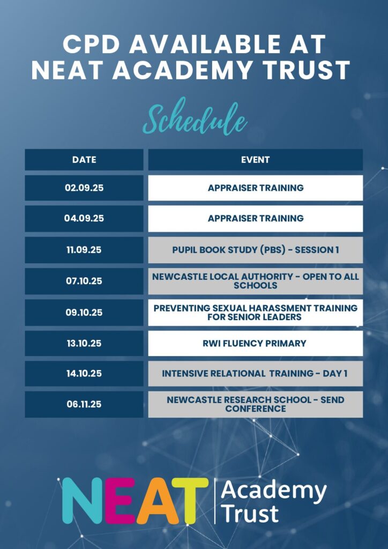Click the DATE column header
(x=84, y=160)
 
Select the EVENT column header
(x=256, y=160)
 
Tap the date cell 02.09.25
(x=84, y=188)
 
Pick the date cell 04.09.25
(x=84, y=219)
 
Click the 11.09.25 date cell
(x=84, y=250)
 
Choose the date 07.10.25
(x=84, y=281)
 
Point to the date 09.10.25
(x=84, y=313)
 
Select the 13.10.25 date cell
(x=84, y=344)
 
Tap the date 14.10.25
(x=84, y=374)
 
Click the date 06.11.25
(x=84, y=404)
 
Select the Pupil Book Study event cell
(x=256, y=250)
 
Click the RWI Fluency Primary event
(x=256, y=344)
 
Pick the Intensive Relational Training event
(x=256, y=374)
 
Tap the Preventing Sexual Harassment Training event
(x=256, y=313)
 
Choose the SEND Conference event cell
(x=256, y=404)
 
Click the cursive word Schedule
(x=195, y=118)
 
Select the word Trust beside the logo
(x=250, y=513)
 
